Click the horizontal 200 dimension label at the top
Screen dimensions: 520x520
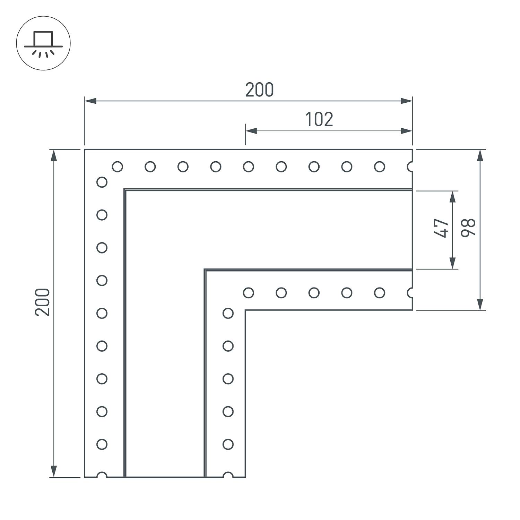[260, 90]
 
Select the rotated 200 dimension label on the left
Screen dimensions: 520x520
[43, 302]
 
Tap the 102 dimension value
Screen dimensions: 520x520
[319, 119]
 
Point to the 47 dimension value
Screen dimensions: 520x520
[441, 228]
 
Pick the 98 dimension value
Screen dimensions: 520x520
[468, 228]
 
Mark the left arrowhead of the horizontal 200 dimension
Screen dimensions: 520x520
[90, 101]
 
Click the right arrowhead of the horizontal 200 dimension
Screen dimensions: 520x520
[406, 101]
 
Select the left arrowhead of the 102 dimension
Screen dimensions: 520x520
[251, 131]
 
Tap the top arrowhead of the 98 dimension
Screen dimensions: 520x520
[480, 155]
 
